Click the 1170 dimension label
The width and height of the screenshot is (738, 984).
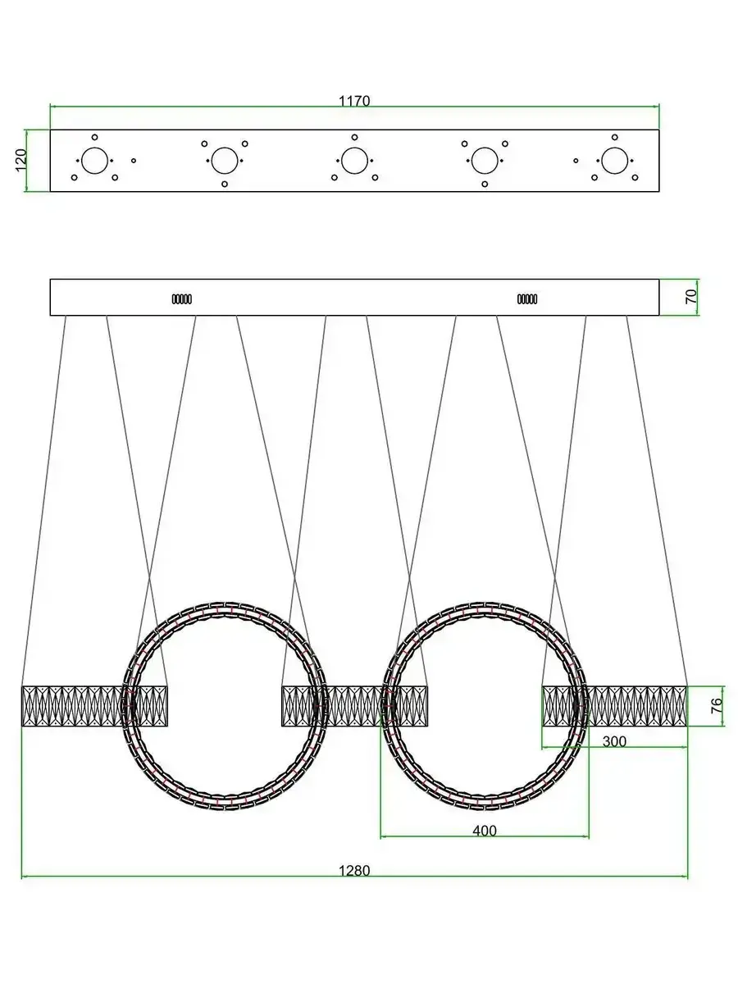pos(354,102)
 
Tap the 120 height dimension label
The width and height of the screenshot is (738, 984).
pos(21,160)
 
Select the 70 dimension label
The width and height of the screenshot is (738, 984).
pos(691,296)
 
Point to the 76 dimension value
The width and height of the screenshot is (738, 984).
pos(717,706)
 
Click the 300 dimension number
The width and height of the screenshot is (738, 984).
pos(614,741)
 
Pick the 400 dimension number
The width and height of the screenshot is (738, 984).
pos(485,831)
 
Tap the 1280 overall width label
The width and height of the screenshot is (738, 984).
pos(354,871)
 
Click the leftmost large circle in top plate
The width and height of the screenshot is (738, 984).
pos(94,161)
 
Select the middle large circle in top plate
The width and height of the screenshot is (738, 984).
pos(354,161)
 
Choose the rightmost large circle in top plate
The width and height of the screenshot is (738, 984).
pos(614,161)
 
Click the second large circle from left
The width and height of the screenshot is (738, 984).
pos(225,161)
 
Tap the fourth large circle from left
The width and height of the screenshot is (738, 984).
pos(485,161)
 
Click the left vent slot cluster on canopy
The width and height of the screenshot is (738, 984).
pos(182,299)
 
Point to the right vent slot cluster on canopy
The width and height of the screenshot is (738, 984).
pos(527,299)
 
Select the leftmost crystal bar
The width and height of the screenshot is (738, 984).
pos(94,706)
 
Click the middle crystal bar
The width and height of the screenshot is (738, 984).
pos(354,706)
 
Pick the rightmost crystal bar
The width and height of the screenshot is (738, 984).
pos(614,706)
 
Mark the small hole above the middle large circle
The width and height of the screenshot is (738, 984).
pos(354,137)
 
